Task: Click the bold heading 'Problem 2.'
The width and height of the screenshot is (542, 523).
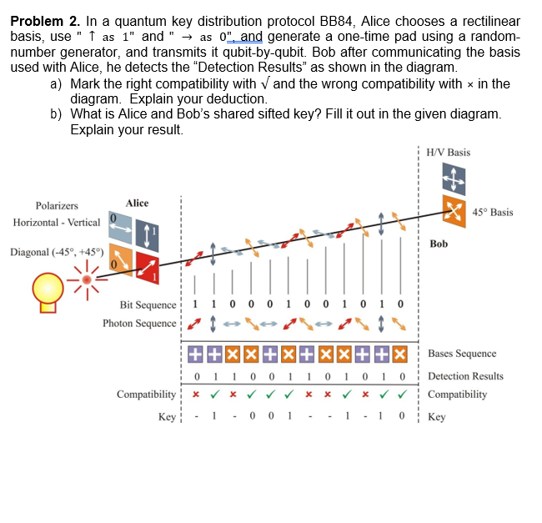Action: point(44,21)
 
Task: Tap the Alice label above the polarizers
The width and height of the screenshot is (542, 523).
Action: point(137,203)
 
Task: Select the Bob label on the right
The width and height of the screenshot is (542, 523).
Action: point(439,244)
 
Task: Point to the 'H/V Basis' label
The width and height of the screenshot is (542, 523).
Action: point(448,153)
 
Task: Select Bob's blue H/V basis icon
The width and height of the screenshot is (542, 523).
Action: point(454,178)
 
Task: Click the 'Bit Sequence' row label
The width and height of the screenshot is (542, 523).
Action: point(148,305)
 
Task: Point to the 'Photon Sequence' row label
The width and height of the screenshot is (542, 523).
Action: point(139,323)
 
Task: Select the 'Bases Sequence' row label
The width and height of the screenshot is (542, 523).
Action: point(461,354)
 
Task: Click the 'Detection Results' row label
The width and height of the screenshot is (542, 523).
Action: point(465,376)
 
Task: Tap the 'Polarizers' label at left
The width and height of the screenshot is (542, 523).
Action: point(57,205)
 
